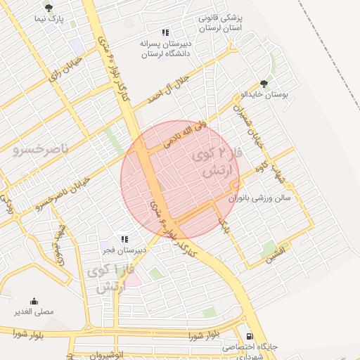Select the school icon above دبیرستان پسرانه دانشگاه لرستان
(165, 32)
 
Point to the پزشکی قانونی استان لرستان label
(219, 22)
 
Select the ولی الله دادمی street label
(186, 134)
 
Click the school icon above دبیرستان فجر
(124, 239)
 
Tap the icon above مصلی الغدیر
(34, 301)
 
